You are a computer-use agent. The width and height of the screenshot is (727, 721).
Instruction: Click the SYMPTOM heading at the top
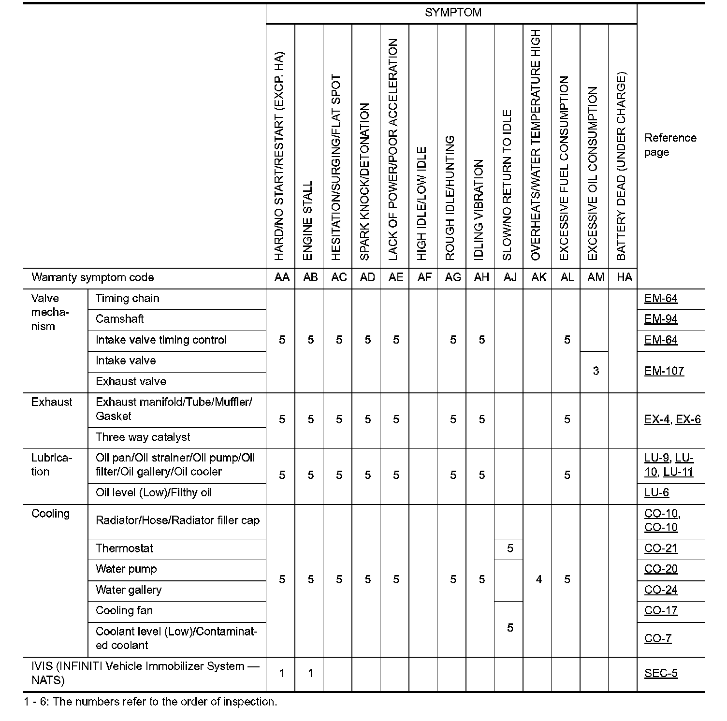point(453,13)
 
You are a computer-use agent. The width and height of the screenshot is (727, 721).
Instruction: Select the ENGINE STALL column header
point(308,220)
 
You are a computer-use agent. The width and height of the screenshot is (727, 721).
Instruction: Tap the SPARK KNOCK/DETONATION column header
point(365,181)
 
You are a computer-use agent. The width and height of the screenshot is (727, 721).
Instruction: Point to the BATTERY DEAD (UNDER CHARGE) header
point(622,167)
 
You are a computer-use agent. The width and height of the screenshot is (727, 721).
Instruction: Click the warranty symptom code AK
point(538,278)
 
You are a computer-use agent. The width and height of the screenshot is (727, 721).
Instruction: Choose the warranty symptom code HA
point(624,278)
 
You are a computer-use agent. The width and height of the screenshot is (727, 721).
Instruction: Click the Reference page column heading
point(670,145)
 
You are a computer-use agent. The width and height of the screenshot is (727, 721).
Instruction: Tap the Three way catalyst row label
point(143,438)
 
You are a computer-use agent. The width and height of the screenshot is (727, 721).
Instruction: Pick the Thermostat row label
point(124,549)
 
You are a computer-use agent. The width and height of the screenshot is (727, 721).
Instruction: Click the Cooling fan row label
point(124,611)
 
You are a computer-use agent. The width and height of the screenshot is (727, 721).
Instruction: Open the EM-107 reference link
point(664,372)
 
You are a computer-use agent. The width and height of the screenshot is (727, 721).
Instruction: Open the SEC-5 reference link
point(661,674)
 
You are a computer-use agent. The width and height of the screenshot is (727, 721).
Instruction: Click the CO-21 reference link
point(661,549)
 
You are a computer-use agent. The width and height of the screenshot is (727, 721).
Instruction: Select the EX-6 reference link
point(688,419)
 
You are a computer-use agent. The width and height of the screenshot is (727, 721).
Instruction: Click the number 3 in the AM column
point(596,371)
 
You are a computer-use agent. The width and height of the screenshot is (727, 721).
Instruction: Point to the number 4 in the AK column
point(538,580)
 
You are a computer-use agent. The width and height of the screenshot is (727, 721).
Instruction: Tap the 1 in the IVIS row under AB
point(310,674)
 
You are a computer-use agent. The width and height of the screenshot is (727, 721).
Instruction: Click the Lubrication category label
point(51,465)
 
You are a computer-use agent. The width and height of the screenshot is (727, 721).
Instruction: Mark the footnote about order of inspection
point(150,702)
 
